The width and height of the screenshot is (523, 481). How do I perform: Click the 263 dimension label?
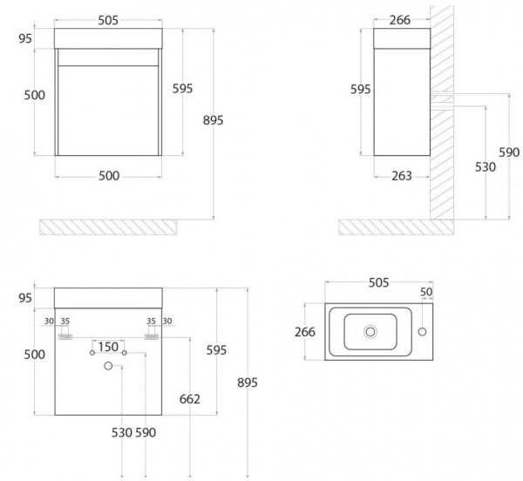click(402, 176)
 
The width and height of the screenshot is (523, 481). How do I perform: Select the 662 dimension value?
click(190, 399)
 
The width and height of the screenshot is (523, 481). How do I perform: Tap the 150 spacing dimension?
click(108, 347)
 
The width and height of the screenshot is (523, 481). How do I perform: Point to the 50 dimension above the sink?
click(426, 292)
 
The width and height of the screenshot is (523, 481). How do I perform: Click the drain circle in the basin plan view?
click(370, 332)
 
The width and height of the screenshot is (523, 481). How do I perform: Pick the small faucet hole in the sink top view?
click(422, 332)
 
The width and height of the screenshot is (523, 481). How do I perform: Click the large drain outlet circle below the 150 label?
click(108, 366)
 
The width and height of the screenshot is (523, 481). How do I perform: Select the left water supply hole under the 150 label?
click(92, 353)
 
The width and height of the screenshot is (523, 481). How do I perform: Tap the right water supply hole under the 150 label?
click(125, 353)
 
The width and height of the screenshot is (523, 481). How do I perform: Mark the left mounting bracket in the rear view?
click(65, 337)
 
